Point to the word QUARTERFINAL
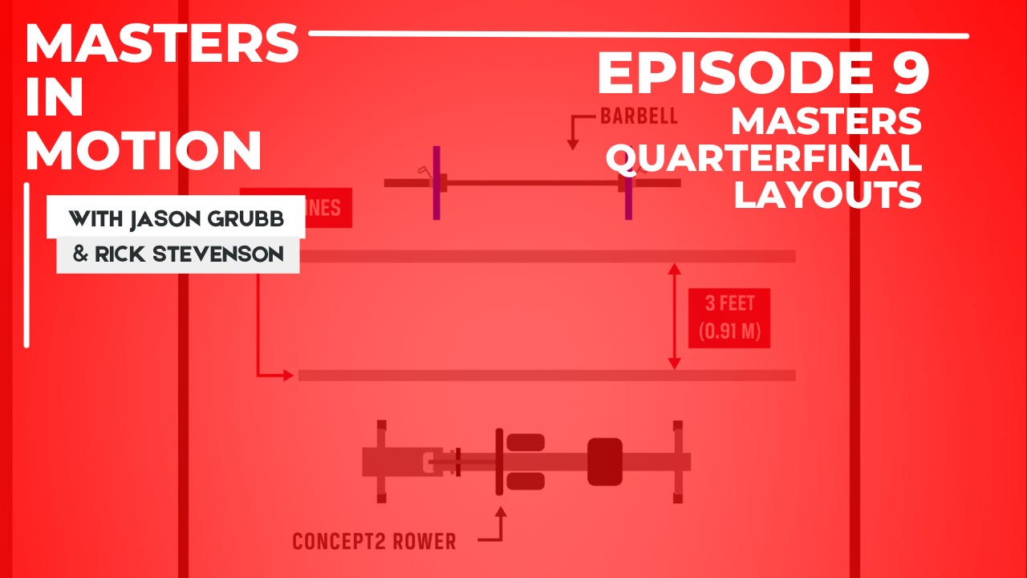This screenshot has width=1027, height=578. tap(763, 158)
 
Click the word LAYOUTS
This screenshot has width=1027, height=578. tap(827, 194)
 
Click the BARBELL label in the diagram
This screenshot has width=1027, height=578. tap(639, 116)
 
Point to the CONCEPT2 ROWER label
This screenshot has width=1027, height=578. tap(374, 542)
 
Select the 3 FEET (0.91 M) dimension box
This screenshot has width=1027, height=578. tap(729, 318)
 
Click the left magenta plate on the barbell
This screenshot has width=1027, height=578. tap(436, 183)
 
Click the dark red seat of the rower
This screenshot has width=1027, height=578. tap(605, 462)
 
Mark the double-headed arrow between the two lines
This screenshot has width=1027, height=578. tap(674, 318)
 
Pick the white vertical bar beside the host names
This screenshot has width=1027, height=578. tap(27, 265)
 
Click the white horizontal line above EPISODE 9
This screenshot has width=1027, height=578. tap(638, 35)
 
